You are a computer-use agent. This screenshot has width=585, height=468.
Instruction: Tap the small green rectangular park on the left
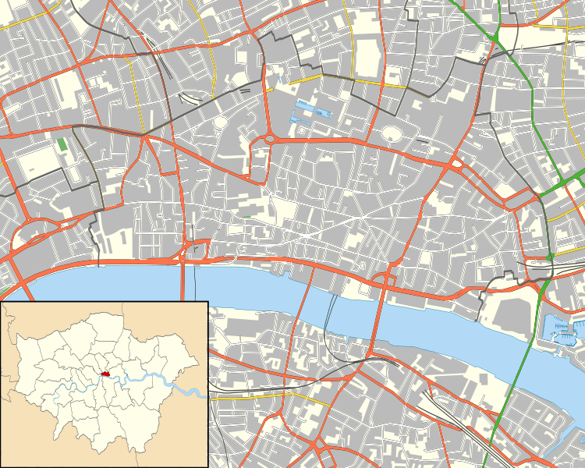pos(62,145)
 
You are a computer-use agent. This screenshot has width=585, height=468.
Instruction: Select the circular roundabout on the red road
pos(270,140)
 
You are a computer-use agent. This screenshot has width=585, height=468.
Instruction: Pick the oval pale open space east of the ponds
pos(392,135)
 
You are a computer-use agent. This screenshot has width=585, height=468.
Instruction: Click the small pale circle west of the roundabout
pos(222,122)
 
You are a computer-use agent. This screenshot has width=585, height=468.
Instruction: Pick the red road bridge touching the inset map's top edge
pos(188,281)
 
